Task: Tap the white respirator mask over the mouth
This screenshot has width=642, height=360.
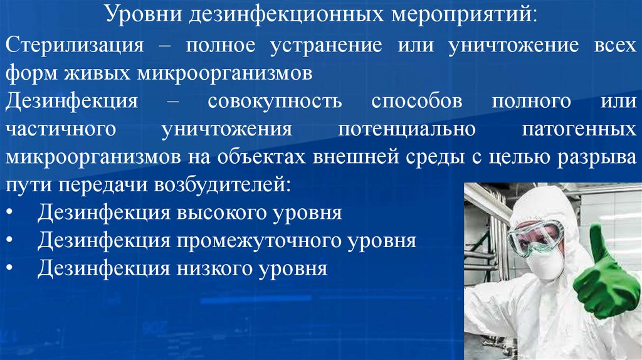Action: point(546,264)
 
